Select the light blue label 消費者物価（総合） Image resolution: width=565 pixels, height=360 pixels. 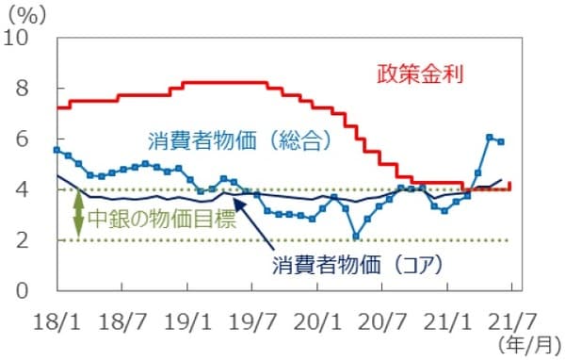click(239, 140)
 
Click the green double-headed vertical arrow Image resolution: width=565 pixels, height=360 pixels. click(78, 215)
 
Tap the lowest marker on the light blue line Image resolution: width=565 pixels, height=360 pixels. click(356, 237)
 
